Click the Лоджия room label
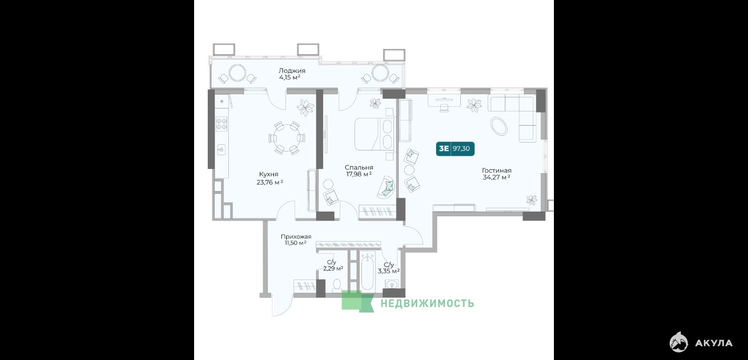pos(292,71)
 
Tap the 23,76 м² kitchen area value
pos(270,182)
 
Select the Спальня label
pos(359,167)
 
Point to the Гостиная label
pos(497,171)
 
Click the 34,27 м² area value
pos(496,177)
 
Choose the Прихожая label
pos(296,237)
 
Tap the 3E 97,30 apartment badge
pos(455,149)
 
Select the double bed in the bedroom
pos(374,134)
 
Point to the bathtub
pos(367,272)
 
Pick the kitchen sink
pos(221,149)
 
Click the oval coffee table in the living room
pos(499,126)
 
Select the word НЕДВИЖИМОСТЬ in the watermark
pos(427,303)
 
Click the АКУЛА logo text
pos(714,343)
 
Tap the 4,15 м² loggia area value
pos(290,77)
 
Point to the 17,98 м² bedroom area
pos(359,174)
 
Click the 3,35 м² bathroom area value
pos(389,271)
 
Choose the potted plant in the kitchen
pos(305,107)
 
